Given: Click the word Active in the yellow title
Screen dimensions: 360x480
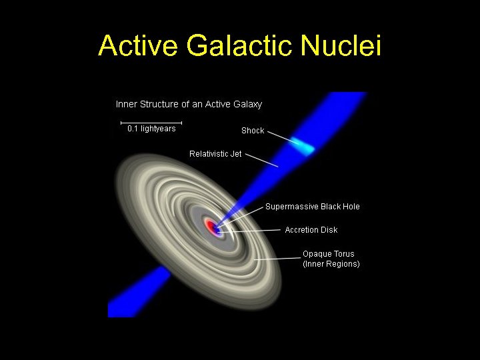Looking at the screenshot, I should [139, 46].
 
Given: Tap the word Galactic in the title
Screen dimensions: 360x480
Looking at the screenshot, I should [240, 46].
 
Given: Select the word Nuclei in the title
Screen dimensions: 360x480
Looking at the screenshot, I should [341, 46].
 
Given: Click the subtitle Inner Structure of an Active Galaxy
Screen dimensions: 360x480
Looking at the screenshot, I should [189, 104].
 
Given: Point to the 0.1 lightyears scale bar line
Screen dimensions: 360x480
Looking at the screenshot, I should [151, 123].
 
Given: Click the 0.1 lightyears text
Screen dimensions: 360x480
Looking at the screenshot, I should [151, 129].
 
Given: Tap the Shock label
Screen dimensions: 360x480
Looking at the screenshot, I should [253, 131].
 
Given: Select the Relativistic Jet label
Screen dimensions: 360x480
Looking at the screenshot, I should [215, 154].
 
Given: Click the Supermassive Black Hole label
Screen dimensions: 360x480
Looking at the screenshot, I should [312, 207].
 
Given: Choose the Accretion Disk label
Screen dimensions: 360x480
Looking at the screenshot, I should [311, 230].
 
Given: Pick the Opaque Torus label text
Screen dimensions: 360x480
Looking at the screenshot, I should [329, 254].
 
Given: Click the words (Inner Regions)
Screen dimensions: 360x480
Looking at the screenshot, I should [331, 264].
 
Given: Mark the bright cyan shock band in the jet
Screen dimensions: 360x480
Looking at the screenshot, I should [304, 146].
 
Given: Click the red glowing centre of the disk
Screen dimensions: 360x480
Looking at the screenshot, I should [213, 227].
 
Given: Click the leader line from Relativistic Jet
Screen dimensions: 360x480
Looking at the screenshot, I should [261, 160].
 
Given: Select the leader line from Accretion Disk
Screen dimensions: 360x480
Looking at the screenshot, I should [257, 231].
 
